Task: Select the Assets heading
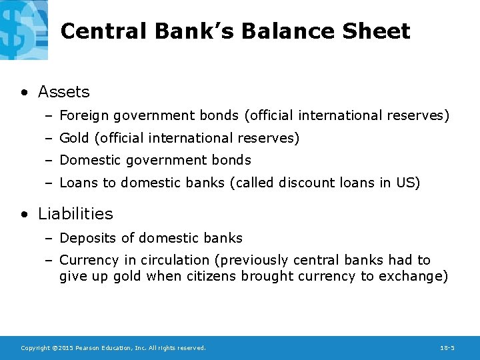pyautogui.click(x=63, y=92)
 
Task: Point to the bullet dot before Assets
pyautogui.click(x=25, y=93)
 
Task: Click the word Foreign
pyautogui.click(x=84, y=116)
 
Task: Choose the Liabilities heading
pyautogui.click(x=75, y=214)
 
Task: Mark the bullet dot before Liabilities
pyautogui.click(x=25, y=215)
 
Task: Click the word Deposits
pyautogui.click(x=85, y=238)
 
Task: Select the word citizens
pyautogui.click(x=207, y=276)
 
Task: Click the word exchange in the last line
pyautogui.click(x=410, y=276)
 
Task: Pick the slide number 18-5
pyautogui.click(x=447, y=348)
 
